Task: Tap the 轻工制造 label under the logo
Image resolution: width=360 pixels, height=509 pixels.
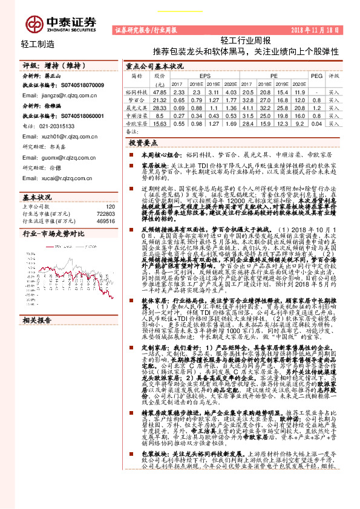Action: (38, 44)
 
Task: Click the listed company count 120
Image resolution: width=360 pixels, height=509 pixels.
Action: (110, 207)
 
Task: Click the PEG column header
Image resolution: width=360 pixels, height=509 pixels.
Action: (316, 76)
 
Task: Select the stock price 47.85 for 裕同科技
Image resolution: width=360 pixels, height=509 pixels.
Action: (160, 91)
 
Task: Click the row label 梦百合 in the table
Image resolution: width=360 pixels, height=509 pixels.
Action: (137, 99)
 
